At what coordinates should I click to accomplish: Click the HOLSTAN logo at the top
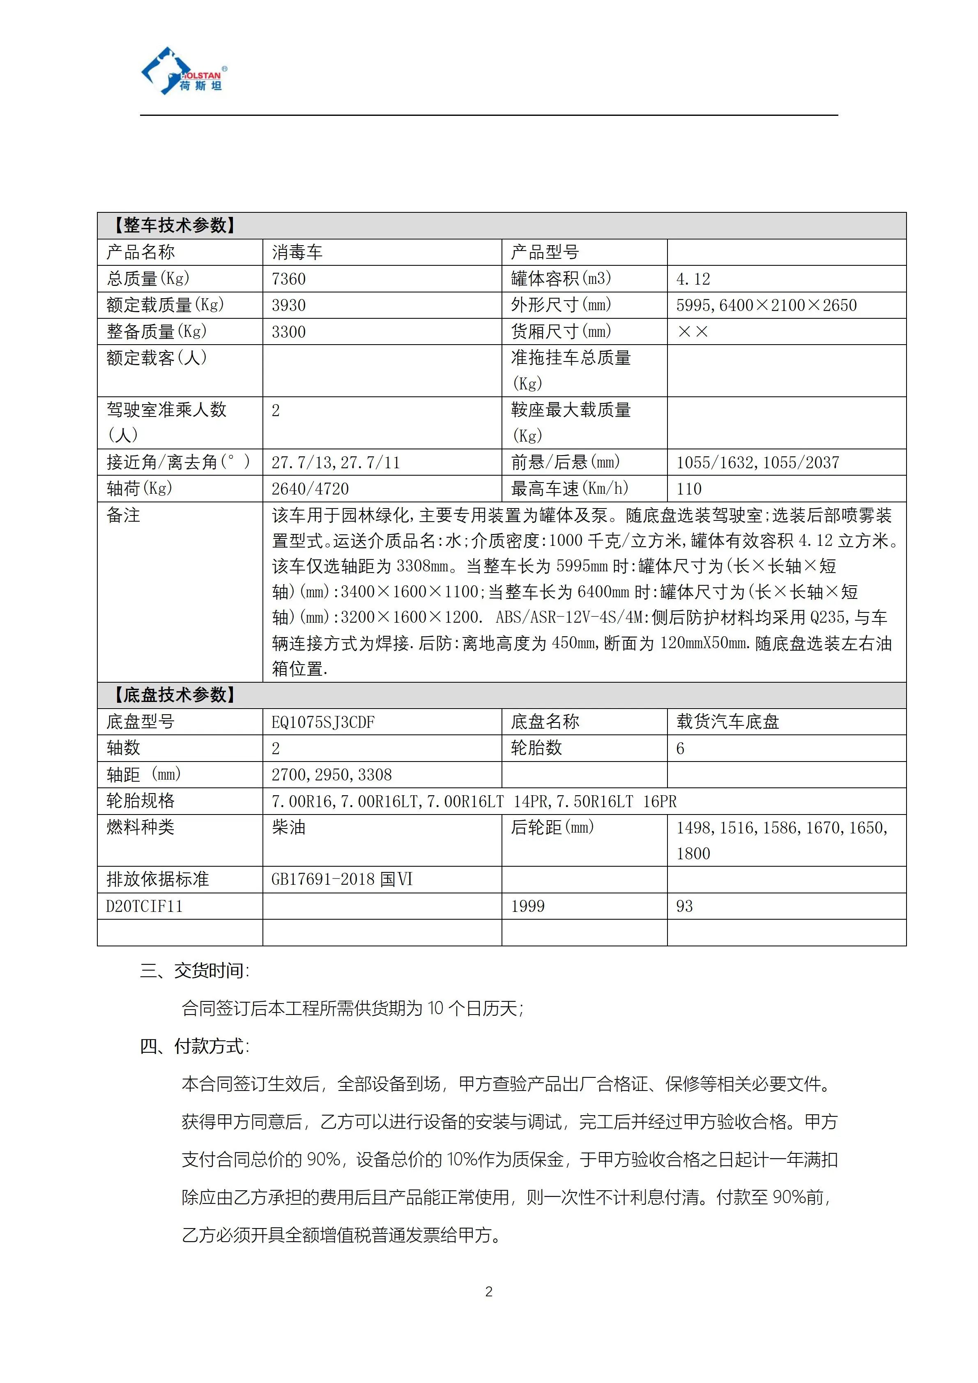point(184,72)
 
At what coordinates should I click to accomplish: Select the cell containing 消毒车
point(297,252)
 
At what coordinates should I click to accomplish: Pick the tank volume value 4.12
point(693,279)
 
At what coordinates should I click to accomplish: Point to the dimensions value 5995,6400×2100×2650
point(766,305)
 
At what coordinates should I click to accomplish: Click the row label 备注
point(124,515)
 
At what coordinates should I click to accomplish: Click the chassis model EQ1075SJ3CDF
point(323,722)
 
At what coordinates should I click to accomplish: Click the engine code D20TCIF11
point(145,907)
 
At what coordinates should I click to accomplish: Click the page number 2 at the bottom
point(488,1291)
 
